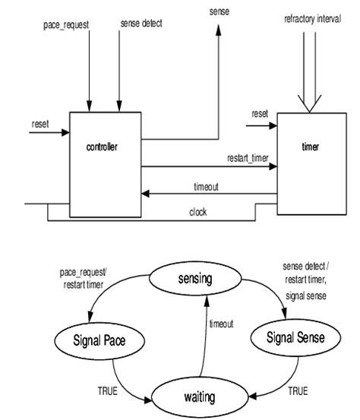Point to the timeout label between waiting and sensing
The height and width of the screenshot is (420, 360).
pos(223,323)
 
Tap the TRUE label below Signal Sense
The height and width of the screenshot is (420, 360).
pos(298,392)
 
